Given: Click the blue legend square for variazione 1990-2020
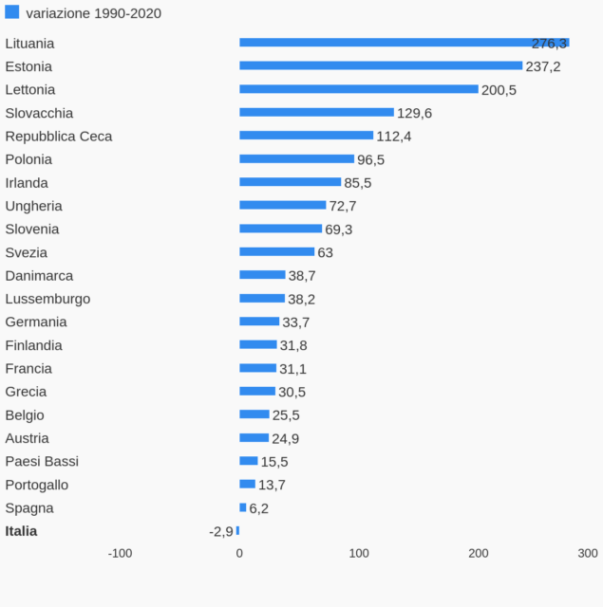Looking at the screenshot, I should pyautogui.click(x=12, y=12).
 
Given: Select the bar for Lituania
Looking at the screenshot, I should pyautogui.click(x=404, y=43).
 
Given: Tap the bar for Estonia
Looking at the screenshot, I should pyautogui.click(x=381, y=65).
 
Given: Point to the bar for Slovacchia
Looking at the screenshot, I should pyautogui.click(x=316, y=112).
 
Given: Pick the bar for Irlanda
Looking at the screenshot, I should pyautogui.click(x=290, y=182).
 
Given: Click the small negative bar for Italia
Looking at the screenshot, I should pyautogui.click(x=237, y=531).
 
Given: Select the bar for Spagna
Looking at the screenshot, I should pyautogui.click(x=243, y=507).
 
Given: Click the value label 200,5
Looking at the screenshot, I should pyautogui.click(x=499, y=90).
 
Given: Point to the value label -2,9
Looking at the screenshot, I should pyautogui.click(x=221, y=532).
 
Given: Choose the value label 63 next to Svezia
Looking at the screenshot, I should pyautogui.click(x=325, y=253).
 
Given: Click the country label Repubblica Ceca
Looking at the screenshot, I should pyautogui.click(x=59, y=137).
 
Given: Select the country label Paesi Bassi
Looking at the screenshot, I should pyautogui.click(x=42, y=462).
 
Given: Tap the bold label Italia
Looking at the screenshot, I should pyautogui.click(x=21, y=531).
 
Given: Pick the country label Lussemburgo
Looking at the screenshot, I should pyautogui.click(x=47, y=299).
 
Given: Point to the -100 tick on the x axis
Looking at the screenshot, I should pyautogui.click(x=120, y=554).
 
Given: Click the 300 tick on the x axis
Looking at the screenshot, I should pyautogui.click(x=588, y=554).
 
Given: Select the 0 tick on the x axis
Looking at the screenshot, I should pyautogui.click(x=239, y=554).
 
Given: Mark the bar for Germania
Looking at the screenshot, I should pyautogui.click(x=259, y=322).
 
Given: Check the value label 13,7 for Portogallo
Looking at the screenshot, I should pyautogui.click(x=272, y=486).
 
